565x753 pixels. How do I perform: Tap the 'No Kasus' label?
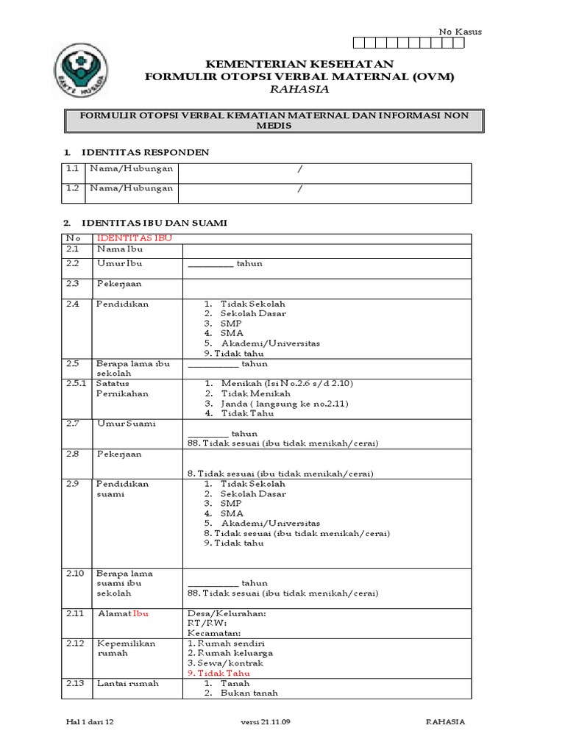click(x=460, y=32)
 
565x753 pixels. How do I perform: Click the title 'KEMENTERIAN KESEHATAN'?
click(x=299, y=64)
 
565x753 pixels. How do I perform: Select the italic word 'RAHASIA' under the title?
click(x=299, y=89)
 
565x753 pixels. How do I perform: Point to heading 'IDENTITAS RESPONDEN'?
click(x=146, y=152)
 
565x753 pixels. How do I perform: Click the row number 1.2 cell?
click(x=72, y=188)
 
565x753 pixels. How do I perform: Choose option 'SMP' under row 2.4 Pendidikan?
click(x=231, y=324)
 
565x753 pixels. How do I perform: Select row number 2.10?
click(x=74, y=574)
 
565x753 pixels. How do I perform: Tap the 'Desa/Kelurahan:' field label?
click(x=227, y=613)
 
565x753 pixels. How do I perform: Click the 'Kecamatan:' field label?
click(x=215, y=633)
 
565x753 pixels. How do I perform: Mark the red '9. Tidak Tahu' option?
click(x=218, y=673)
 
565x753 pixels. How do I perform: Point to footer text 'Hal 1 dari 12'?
click(x=90, y=722)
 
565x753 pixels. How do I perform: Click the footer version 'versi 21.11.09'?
click(x=266, y=722)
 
